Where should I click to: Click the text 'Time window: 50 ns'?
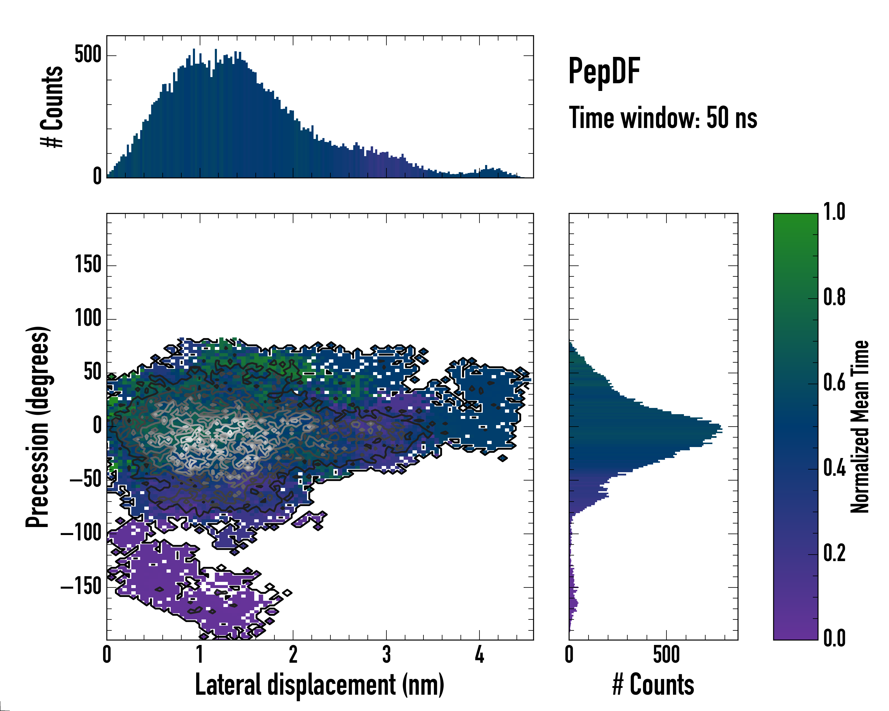click(663, 118)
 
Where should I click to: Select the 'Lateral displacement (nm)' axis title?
click(319, 685)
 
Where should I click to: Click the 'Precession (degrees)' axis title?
click(38, 427)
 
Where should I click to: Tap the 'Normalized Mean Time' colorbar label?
click(860, 427)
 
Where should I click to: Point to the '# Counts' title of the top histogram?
click(52, 107)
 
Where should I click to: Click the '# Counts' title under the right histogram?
click(653, 685)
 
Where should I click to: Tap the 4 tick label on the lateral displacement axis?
click(479, 654)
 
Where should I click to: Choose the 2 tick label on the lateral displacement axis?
click(293, 654)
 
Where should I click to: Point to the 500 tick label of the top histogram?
click(88, 55)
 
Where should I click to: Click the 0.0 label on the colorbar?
click(834, 638)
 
